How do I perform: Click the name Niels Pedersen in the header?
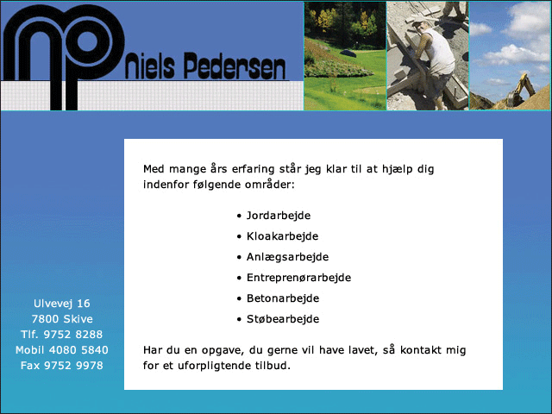205,66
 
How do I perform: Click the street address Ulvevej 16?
62,304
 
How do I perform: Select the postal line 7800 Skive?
62,319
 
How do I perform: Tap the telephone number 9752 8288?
72,335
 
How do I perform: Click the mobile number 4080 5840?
78,350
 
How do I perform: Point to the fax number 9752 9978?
73,366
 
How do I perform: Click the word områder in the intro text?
270,185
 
